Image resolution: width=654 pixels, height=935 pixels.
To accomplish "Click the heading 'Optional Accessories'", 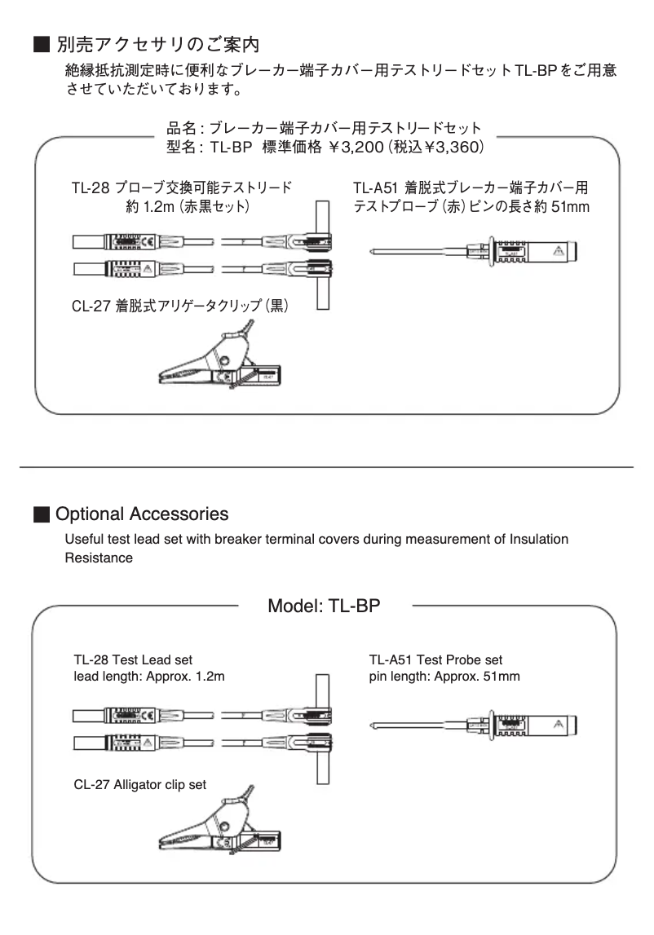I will pyautogui.click(x=142, y=514).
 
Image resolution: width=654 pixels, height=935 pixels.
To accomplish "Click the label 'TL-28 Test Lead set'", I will pyautogui.click(x=133, y=659).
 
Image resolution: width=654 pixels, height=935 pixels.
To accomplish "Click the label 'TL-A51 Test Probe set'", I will pyautogui.click(x=435, y=659).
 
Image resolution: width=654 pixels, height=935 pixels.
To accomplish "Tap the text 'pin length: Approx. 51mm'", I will pyautogui.click(x=444, y=677).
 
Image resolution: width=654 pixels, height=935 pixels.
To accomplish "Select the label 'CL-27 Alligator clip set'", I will pyautogui.click(x=139, y=784).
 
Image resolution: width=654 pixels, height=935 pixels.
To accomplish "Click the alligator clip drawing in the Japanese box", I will pyautogui.click(x=219, y=358).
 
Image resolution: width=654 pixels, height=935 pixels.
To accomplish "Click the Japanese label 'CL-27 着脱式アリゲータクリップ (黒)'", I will pyautogui.click(x=182, y=307).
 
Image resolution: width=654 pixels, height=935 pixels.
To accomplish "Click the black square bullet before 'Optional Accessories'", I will pyautogui.click(x=41, y=515).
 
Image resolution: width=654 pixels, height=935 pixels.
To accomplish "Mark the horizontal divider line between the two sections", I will pyautogui.click(x=326, y=466).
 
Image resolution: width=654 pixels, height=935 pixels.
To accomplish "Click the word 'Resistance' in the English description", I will pyautogui.click(x=98, y=558).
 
